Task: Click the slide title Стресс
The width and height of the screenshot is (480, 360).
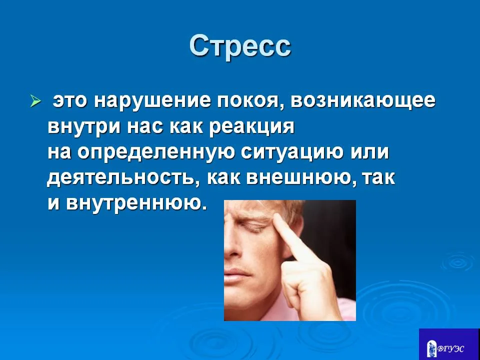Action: click(x=240, y=46)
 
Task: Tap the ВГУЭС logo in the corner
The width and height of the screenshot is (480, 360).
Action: click(x=448, y=344)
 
